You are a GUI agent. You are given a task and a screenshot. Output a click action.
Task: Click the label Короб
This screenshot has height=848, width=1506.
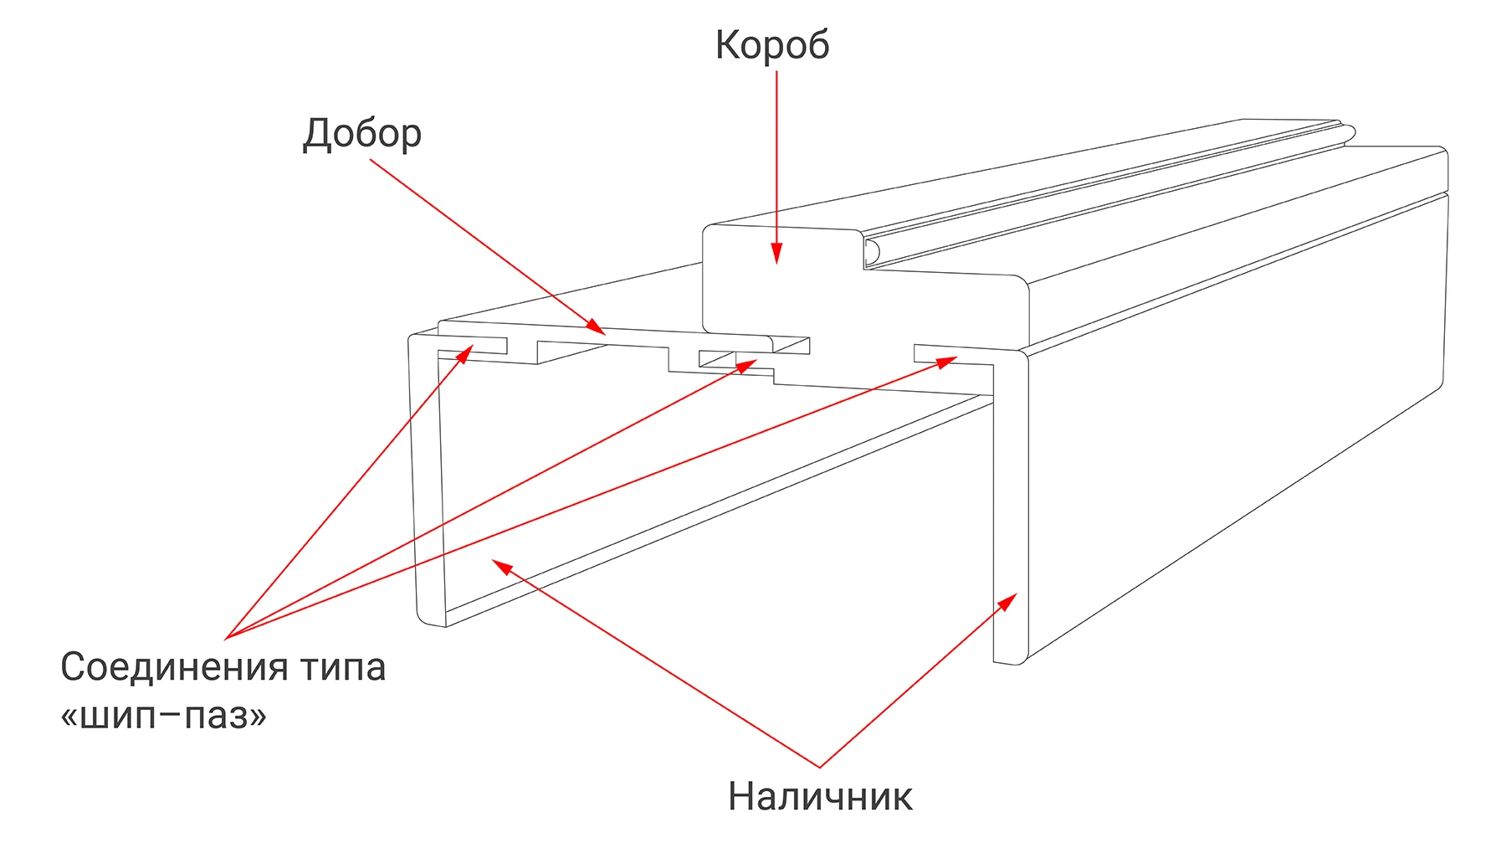point(772,45)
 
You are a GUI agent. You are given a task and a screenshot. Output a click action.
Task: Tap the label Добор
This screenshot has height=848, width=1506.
point(362,134)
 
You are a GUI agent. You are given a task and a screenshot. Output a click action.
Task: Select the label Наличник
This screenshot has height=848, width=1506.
point(820,796)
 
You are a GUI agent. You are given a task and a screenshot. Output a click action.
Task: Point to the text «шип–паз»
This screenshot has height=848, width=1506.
point(164,716)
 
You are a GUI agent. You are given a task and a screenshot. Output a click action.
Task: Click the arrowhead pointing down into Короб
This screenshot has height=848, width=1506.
point(776,253)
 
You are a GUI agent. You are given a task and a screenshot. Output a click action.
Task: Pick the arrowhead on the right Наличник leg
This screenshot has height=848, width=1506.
point(1008,602)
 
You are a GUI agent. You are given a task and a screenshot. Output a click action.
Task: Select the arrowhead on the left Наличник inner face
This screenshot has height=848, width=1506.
point(501,568)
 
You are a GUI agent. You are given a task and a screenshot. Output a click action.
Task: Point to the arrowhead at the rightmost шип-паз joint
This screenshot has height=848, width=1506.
point(947,362)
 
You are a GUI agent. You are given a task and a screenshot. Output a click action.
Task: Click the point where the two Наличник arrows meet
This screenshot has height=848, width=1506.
point(820,767)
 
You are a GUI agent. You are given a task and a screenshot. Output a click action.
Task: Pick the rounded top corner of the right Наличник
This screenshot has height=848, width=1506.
point(1020,357)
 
